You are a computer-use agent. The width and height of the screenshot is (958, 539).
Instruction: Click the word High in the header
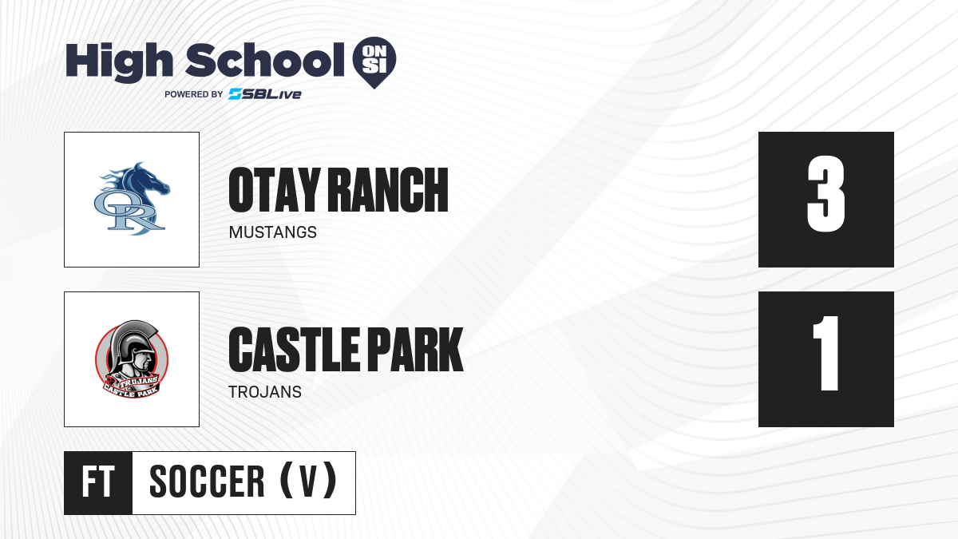119,61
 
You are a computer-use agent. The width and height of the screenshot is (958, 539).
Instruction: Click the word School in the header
265,59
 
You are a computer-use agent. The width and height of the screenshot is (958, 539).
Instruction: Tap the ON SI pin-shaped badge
374,62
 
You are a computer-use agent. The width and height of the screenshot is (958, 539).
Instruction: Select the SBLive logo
265,94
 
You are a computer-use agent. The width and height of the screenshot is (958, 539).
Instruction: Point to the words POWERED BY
194,94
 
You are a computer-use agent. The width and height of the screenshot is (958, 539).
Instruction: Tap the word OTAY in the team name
275,190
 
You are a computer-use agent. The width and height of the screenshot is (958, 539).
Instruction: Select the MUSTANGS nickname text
273,232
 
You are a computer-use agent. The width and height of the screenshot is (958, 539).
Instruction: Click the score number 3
825,194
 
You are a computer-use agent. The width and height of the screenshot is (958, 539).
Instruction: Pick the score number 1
827,353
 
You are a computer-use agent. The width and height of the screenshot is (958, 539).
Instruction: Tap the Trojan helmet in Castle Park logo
133,343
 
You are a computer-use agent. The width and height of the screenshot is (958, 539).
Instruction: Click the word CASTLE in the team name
294,349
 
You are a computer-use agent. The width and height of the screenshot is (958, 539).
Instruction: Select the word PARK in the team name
415,349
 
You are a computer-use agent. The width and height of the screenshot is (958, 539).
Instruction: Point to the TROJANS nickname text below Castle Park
265,392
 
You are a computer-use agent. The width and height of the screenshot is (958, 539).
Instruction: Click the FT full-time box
98,483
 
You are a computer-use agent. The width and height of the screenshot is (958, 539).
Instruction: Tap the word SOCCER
207,482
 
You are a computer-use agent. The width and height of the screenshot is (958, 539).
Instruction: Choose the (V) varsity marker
308,481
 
